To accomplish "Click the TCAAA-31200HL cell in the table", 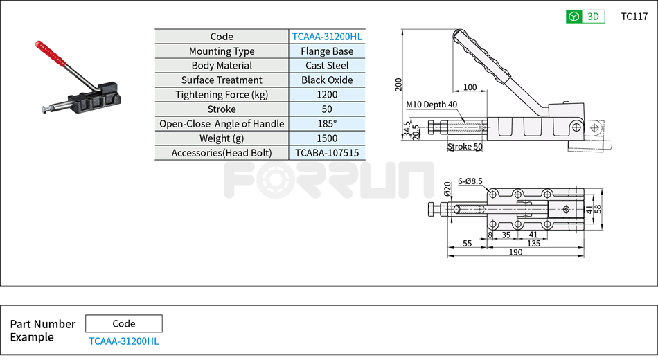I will [327, 37].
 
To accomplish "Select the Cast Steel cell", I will [327, 66].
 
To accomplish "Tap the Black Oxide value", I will [327, 80].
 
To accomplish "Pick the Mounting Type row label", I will [222, 51].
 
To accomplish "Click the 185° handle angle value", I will [327, 124].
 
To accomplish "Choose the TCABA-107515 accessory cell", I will [327, 153].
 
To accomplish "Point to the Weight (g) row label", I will [222, 138].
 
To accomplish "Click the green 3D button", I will [585, 17].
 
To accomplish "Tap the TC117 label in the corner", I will [634, 17].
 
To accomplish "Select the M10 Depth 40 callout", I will [432, 105].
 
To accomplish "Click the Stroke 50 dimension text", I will [465, 147].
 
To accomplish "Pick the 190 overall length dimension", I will [516, 253].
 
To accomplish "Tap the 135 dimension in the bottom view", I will [534, 244].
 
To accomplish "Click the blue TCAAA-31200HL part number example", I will [124, 341].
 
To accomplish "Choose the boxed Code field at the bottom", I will [124, 323].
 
